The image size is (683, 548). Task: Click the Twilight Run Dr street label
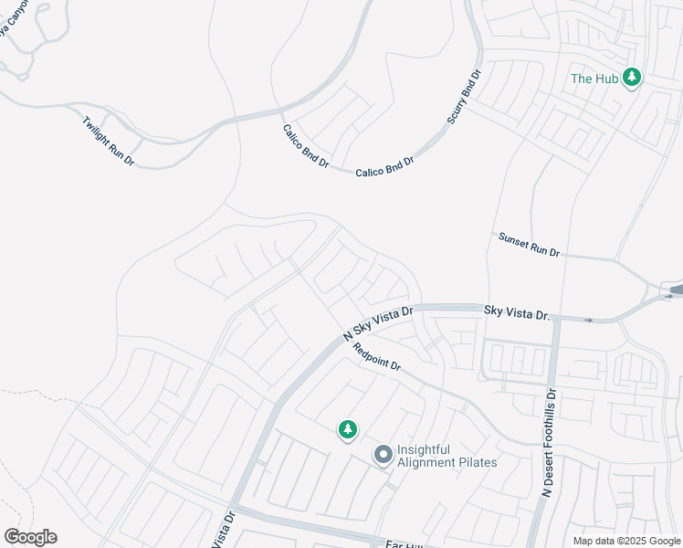[108, 140]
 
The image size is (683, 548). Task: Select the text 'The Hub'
[594, 79]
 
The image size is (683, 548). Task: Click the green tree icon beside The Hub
[631, 78]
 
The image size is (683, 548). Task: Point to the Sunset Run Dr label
[529, 245]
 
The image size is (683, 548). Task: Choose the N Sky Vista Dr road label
[378, 324]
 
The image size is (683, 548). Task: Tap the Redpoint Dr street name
[377, 355]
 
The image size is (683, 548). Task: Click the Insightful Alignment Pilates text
[447, 455]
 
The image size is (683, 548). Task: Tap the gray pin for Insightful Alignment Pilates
[384, 454]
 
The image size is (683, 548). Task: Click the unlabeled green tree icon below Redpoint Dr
[347, 428]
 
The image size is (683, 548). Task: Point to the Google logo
[30, 537]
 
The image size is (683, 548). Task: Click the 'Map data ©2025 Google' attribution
[626, 541]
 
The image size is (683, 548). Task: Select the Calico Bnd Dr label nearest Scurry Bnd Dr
[384, 165]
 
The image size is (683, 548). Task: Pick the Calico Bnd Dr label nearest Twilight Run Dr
[305, 145]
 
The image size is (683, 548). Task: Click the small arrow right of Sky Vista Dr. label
[587, 320]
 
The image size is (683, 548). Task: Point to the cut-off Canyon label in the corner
[13, 20]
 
